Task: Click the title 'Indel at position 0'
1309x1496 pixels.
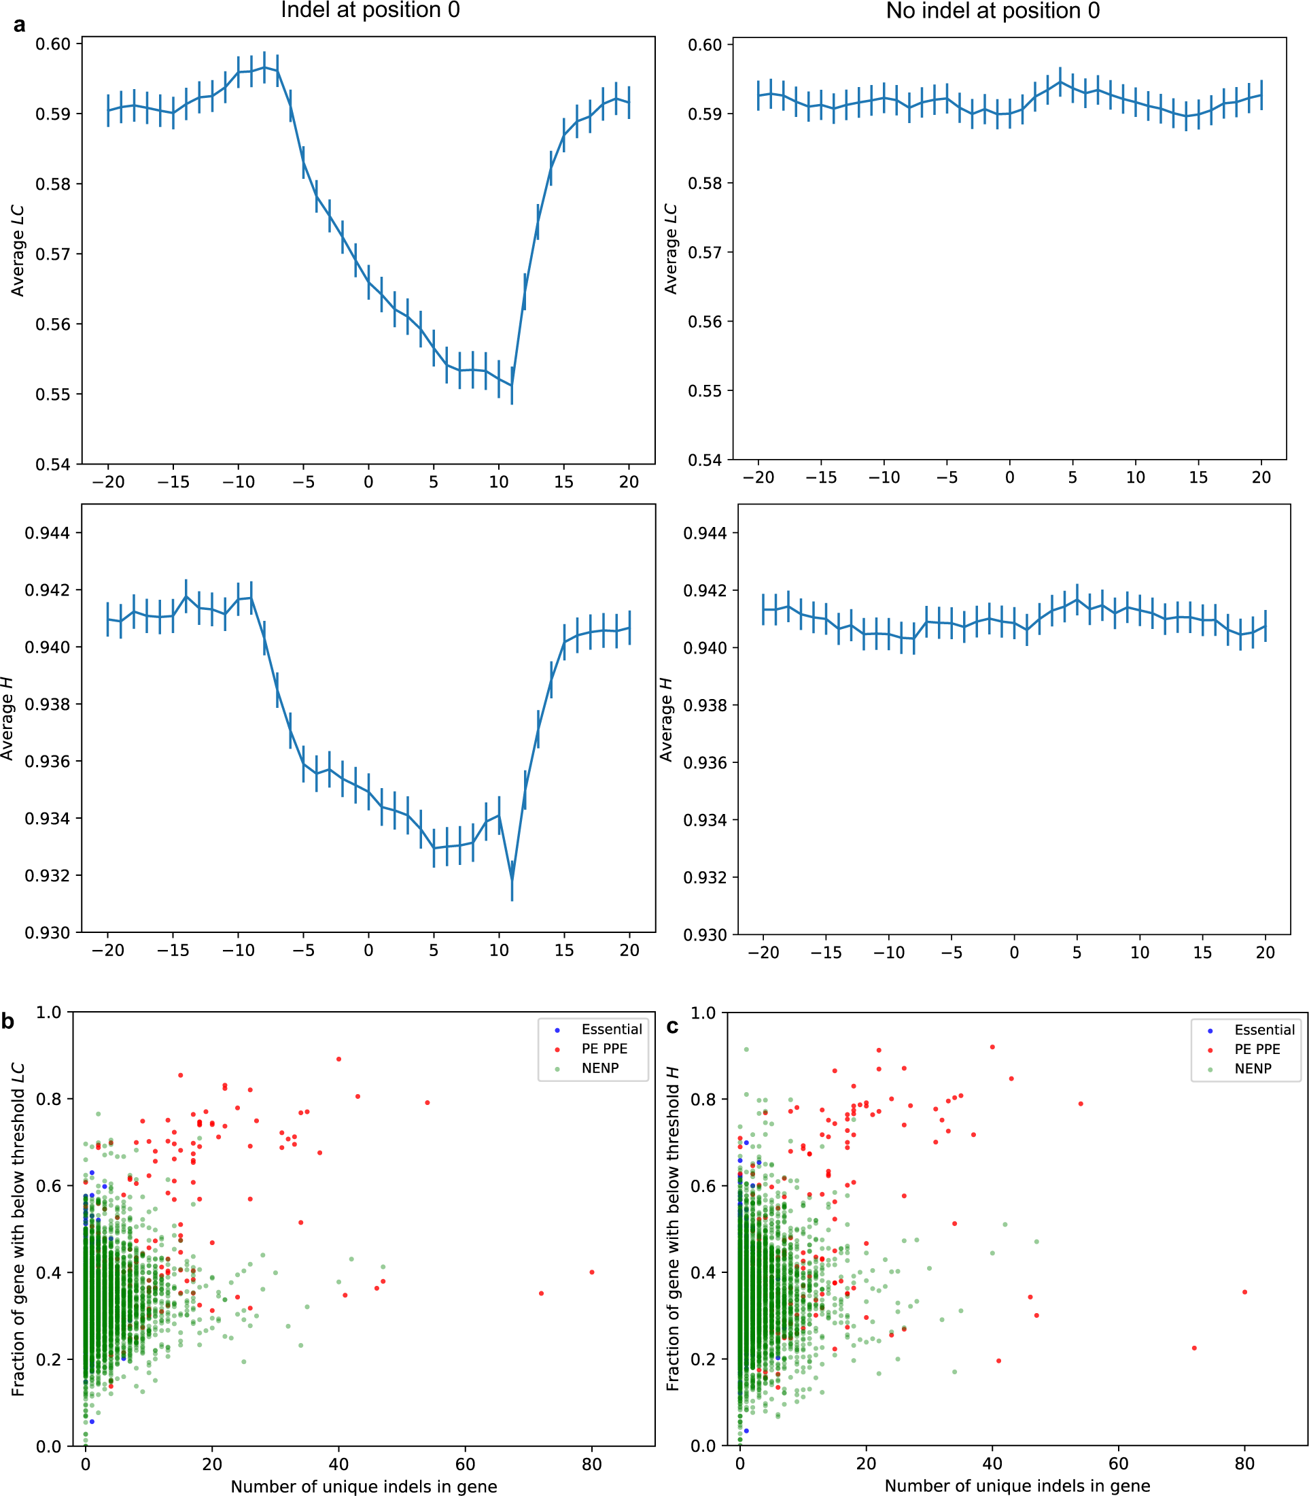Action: [370, 10]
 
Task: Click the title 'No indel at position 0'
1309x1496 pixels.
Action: [992, 11]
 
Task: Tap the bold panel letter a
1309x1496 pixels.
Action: [20, 25]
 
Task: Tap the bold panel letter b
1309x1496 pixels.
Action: [8, 1021]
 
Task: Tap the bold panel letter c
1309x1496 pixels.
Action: [673, 1026]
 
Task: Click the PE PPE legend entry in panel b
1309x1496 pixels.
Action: [604, 1049]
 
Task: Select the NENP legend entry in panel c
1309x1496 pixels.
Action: [1253, 1068]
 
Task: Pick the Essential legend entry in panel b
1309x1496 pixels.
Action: [612, 1029]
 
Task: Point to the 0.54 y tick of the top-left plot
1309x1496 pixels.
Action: [53, 464]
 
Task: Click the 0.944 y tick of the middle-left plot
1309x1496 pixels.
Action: [48, 532]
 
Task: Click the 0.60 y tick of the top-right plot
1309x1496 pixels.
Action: [705, 45]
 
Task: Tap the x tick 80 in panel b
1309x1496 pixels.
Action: [592, 1465]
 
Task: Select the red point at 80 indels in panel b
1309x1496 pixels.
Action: [592, 1272]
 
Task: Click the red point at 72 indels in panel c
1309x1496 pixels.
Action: [1194, 1348]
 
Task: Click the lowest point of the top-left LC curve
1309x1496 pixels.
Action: [512, 385]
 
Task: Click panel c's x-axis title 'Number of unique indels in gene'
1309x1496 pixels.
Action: [1017, 1486]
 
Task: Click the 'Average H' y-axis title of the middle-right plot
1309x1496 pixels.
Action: [666, 719]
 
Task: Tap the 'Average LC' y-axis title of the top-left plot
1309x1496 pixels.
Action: [18, 251]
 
